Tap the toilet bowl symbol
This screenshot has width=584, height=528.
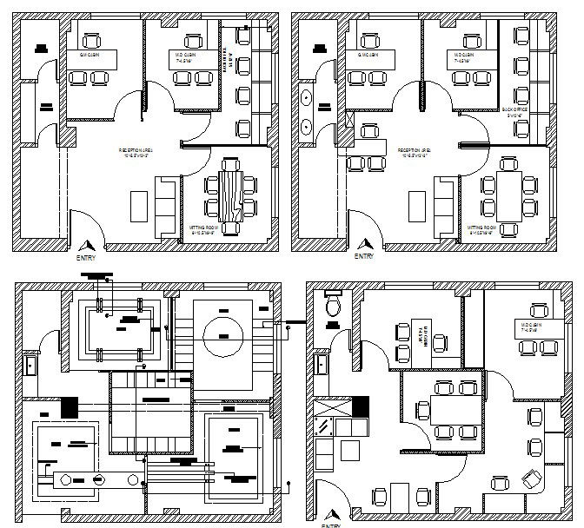331,307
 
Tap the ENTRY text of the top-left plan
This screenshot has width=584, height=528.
88,258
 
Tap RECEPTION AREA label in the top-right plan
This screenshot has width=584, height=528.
415,152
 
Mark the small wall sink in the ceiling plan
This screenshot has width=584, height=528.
30,362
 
